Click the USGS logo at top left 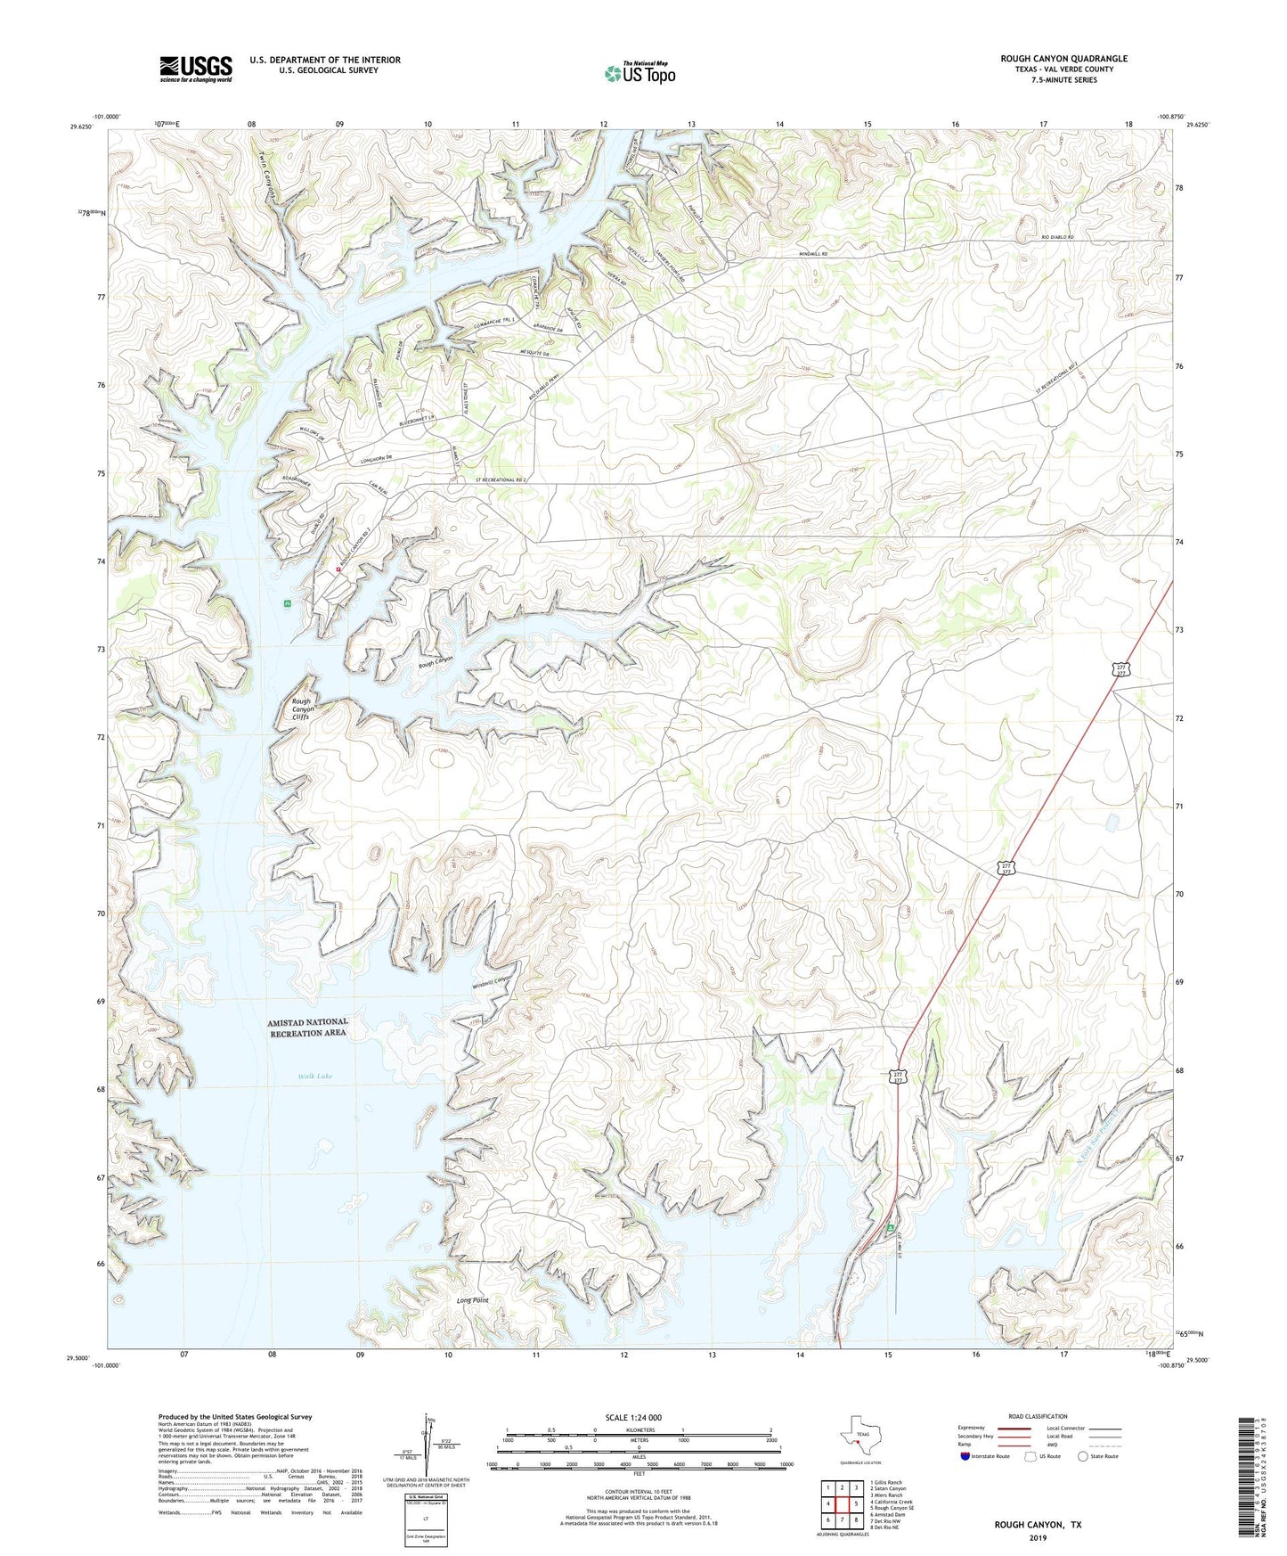tap(196, 69)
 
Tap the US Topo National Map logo tap(639, 73)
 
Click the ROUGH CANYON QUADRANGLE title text tap(1063, 59)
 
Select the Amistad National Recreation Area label tap(307, 1027)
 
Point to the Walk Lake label tap(315, 1077)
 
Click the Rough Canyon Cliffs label tap(301, 708)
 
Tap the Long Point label tap(472, 1300)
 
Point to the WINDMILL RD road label tap(811, 254)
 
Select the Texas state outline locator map tap(859, 1442)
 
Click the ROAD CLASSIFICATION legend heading tap(1038, 1416)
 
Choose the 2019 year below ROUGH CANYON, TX tap(1038, 1537)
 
